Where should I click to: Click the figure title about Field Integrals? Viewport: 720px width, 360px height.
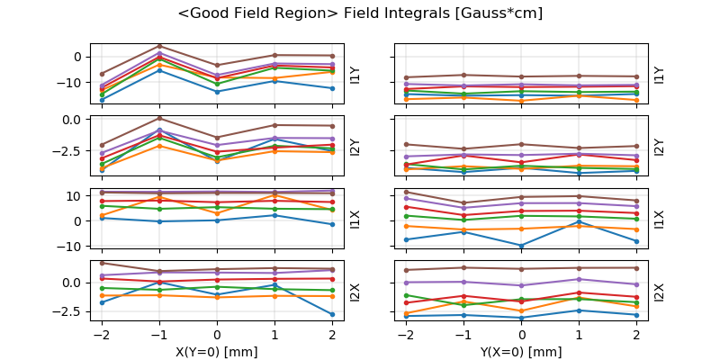point(360,13)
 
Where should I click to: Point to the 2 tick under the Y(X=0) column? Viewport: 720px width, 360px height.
point(637,334)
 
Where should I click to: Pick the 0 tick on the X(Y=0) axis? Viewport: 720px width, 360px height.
point(217,334)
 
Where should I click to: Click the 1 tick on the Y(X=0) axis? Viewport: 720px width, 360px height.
point(580,334)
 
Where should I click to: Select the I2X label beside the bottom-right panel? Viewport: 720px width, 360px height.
point(659,292)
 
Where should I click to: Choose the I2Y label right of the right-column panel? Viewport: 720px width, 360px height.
point(659,147)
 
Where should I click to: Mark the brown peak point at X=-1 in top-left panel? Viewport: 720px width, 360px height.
point(159,46)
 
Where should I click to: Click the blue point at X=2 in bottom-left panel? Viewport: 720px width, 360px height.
point(332,314)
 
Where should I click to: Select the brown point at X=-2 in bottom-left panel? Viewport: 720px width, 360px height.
point(102,263)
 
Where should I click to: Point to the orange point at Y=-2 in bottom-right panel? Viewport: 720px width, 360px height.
point(408,312)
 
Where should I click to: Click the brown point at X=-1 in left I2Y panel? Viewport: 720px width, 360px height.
point(159,118)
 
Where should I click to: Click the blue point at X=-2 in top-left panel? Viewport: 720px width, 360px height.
point(102,100)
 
